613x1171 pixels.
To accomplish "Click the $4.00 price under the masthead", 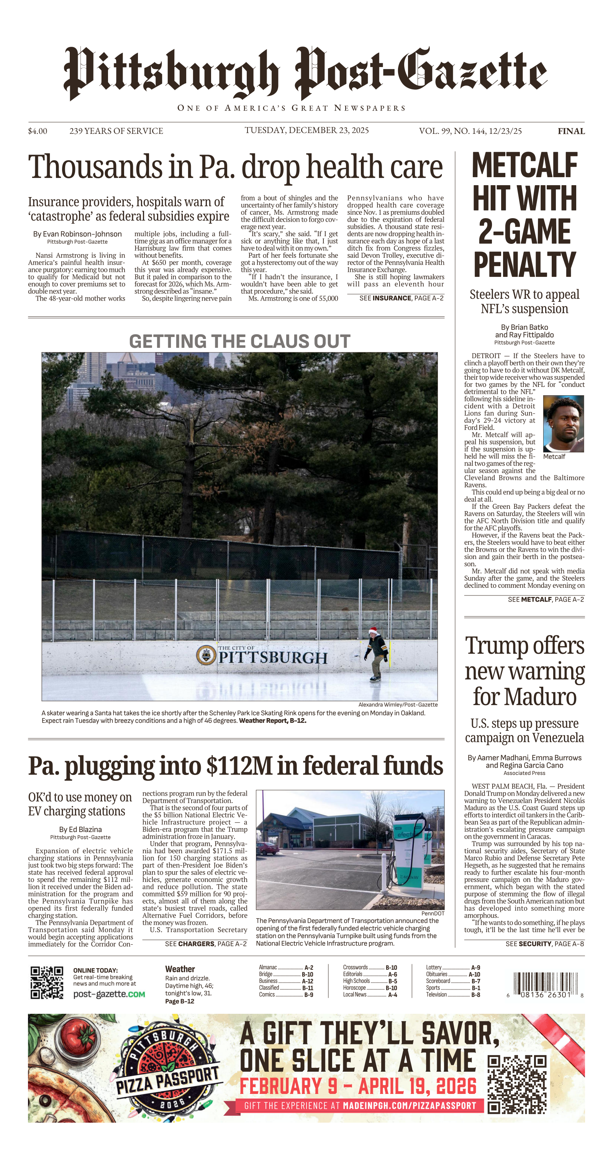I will point(37,131).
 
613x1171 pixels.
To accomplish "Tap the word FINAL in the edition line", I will point(571,131).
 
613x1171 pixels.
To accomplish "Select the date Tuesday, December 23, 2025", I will point(306,130).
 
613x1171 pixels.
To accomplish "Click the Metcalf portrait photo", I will point(563,423).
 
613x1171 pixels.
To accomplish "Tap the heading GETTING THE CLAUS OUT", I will point(239,341).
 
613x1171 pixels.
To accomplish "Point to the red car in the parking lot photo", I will point(267,848).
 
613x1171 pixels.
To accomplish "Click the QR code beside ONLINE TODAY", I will point(47,982).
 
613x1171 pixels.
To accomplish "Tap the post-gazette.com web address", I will point(109,994).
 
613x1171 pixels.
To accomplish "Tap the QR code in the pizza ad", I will point(516,1084).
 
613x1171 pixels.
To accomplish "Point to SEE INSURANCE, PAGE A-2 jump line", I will point(402,298).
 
